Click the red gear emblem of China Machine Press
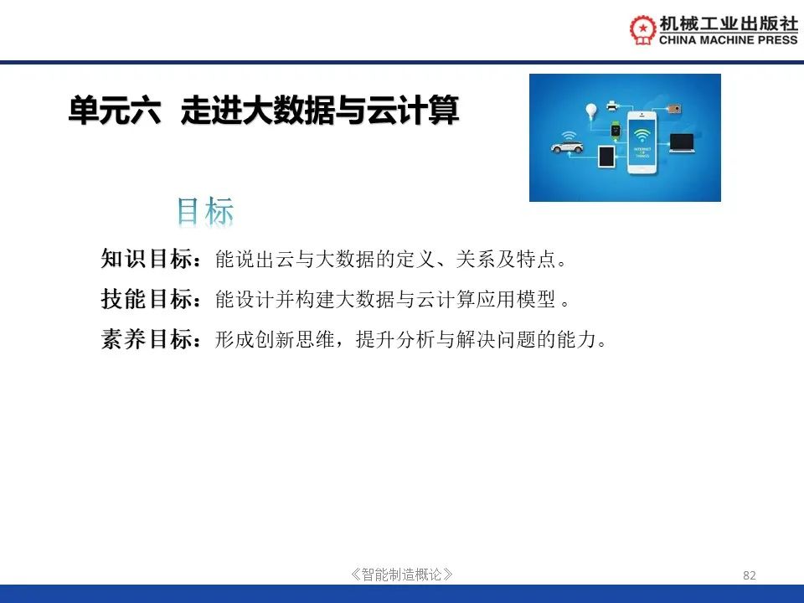[642, 29]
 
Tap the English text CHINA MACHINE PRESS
[728, 40]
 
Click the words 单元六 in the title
[115, 110]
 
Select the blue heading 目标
[205, 211]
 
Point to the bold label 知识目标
[147, 259]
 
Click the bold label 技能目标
[147, 299]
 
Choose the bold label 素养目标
[147, 339]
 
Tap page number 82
[749, 575]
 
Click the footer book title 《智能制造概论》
[401, 575]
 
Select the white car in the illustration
[567, 147]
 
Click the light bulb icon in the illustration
[592, 111]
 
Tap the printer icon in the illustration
[612, 106]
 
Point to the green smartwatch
[616, 130]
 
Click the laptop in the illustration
[682, 142]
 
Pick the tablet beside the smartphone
[606, 157]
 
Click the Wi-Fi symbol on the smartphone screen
[642, 136]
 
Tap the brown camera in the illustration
[674, 109]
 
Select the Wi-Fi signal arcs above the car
[568, 136]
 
